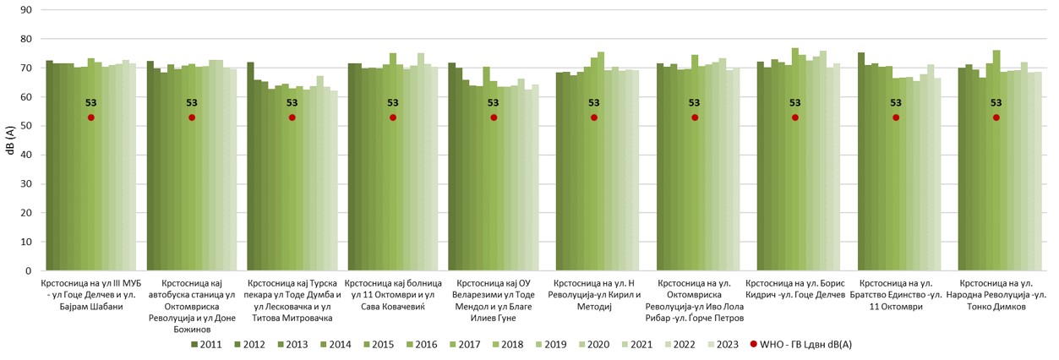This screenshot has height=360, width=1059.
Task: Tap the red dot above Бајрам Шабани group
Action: [91, 117]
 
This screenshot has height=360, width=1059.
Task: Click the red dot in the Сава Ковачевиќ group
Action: [393, 117]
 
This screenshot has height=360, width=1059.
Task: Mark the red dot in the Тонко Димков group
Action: [996, 117]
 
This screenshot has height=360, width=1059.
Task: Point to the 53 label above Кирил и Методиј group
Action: [593, 104]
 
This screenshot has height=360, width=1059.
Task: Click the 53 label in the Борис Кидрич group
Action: [794, 104]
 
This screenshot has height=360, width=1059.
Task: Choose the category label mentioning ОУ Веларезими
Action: [493, 294]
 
